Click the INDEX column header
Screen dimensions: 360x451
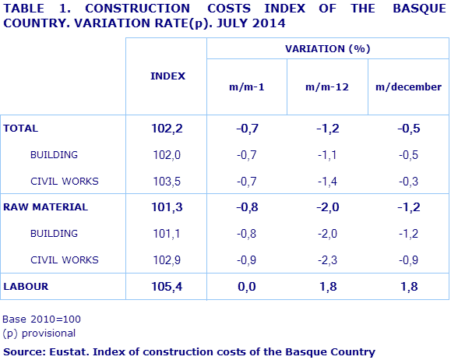pos(167,76)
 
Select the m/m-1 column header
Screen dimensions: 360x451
pos(246,87)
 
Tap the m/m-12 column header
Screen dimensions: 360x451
pos(327,87)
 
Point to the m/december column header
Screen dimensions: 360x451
pos(408,87)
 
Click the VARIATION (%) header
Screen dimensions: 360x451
pos(327,48)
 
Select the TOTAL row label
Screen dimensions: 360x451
pos(21,129)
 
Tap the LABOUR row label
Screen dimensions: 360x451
pos(26,287)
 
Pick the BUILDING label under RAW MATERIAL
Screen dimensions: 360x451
pos(54,234)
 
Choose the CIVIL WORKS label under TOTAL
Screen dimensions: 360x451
pos(64,182)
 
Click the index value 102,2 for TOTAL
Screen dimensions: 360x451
pos(167,129)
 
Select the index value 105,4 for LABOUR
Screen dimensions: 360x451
pos(167,287)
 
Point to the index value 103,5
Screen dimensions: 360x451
pos(167,182)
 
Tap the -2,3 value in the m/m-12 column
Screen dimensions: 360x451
pos(327,260)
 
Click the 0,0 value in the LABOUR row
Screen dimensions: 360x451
pos(246,287)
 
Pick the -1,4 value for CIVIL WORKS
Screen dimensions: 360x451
pos(327,182)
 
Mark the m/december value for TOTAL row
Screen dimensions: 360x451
pos(408,129)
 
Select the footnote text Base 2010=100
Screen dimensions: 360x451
pos(42,319)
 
